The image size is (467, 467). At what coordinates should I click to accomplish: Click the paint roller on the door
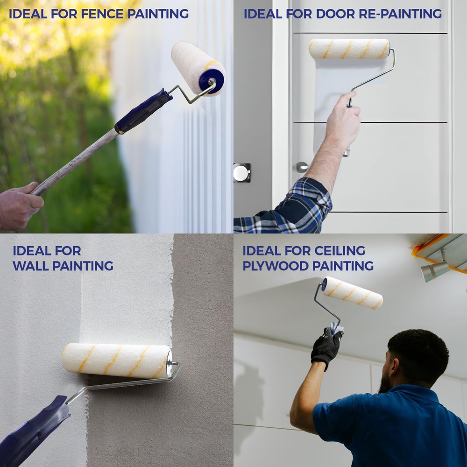coord(349,49)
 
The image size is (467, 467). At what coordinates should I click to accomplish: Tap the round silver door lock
coord(241,173)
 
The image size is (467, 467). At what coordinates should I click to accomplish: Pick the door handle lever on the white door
coord(302,167)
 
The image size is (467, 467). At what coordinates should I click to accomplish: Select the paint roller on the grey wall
coord(117,361)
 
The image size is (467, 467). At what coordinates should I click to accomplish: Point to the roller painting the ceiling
coord(353,293)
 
